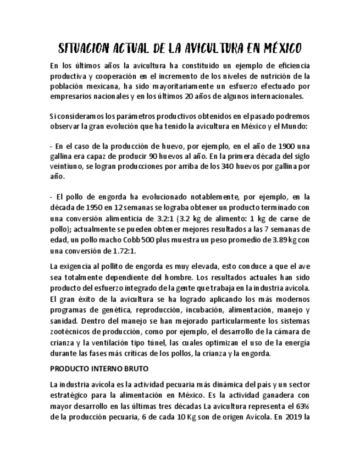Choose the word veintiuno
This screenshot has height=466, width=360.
coord(66,167)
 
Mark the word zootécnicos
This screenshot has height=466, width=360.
coord(71,331)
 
